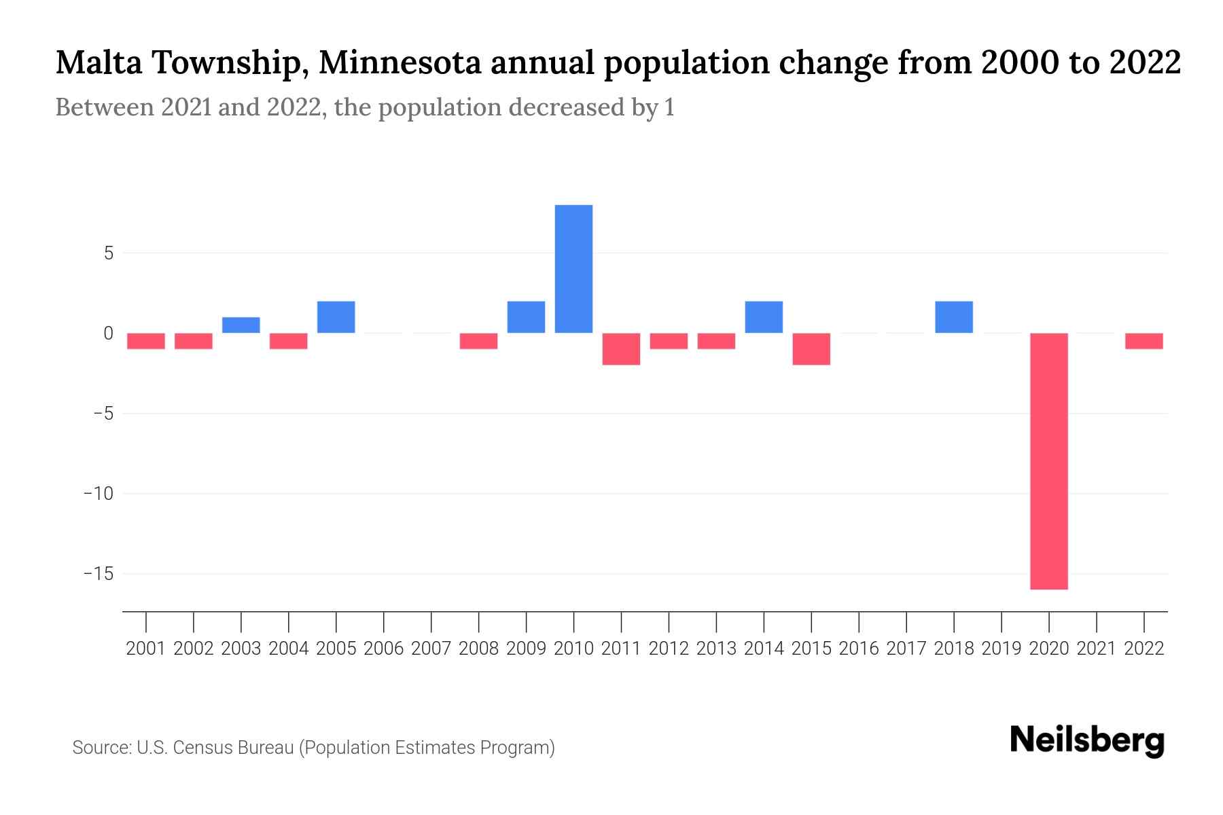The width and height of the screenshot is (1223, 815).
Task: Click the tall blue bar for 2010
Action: coord(573,269)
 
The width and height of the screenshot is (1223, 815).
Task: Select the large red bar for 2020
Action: coord(1049,461)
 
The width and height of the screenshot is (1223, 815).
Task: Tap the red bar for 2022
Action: coord(1144,341)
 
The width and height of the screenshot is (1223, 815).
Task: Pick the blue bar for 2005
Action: coord(336,317)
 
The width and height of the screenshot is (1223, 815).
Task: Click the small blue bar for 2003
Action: coord(241,325)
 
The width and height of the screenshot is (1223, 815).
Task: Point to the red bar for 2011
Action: coord(621,349)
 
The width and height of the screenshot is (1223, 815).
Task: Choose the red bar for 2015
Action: coord(811,349)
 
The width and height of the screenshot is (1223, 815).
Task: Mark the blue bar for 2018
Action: coord(954,317)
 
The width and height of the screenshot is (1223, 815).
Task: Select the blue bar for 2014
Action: coord(764,317)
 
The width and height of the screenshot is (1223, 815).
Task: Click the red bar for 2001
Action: coord(146,341)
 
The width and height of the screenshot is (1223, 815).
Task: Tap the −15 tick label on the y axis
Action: coord(98,574)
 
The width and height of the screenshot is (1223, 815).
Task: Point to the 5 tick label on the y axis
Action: coord(108,253)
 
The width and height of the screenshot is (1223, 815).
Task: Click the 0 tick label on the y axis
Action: coord(108,333)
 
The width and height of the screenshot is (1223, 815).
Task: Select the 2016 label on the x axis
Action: coord(859,649)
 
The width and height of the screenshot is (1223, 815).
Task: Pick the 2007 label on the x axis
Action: coord(431,649)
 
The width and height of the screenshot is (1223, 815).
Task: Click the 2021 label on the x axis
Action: coord(1097,649)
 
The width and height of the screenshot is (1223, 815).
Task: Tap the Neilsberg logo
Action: coord(1087,740)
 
